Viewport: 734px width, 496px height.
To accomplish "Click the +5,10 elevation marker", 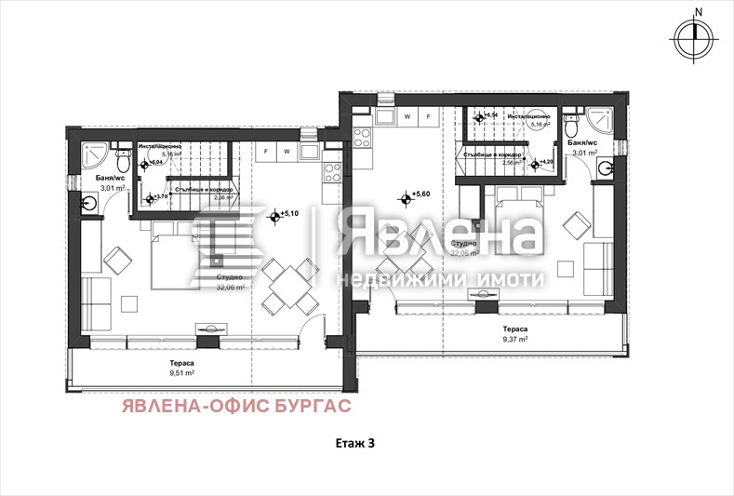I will pos(275,216).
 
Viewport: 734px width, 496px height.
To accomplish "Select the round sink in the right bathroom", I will pos(605,168).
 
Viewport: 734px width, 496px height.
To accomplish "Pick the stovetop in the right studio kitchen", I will pos(363,137).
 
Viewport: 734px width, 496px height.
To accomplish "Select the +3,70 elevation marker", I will pos(153,197).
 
